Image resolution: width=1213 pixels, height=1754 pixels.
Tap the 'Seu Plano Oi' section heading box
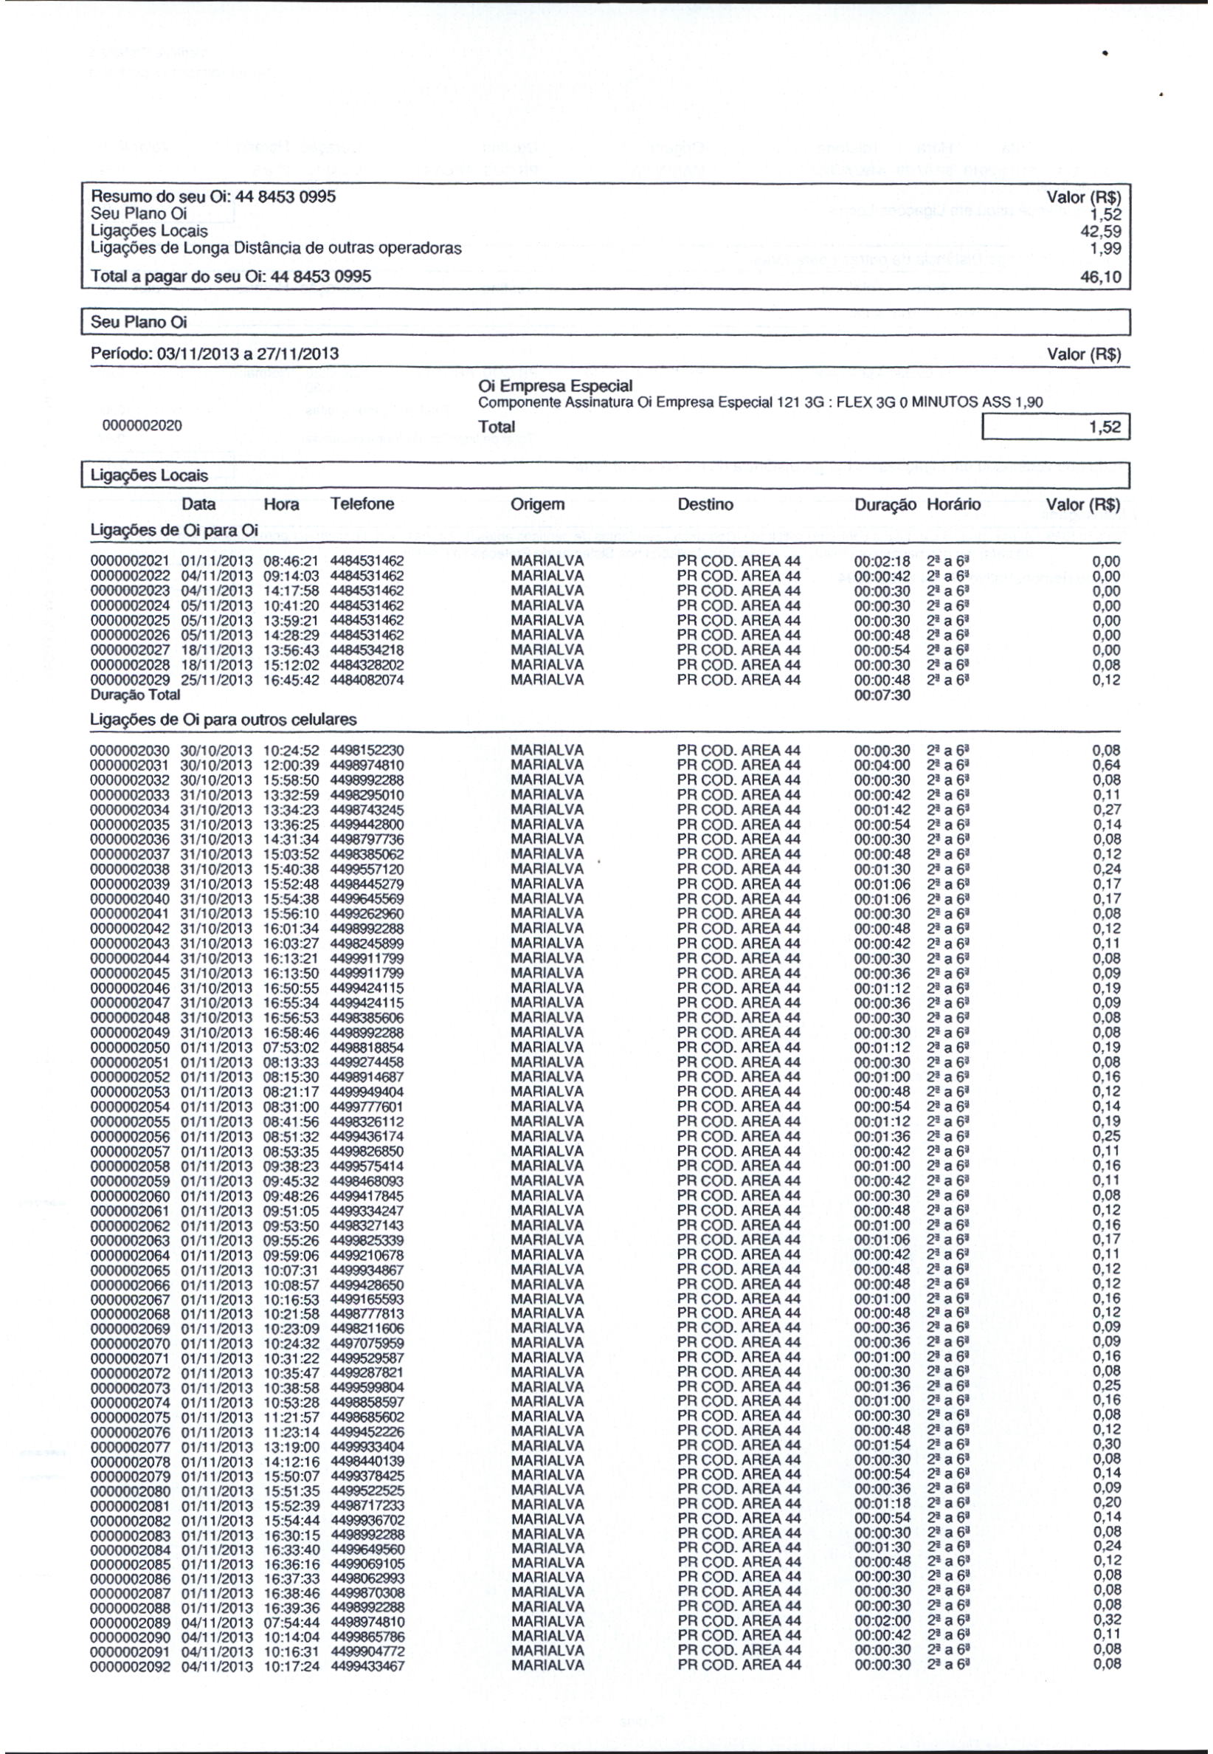606,323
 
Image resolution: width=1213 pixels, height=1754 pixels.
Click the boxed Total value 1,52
1056,427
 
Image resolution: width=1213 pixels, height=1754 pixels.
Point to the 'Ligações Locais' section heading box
606,476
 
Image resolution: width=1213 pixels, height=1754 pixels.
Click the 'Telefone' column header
362,504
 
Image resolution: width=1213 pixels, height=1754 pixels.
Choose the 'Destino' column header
705,505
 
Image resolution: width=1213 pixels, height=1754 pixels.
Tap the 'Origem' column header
537,505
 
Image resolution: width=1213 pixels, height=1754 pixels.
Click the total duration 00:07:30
882,695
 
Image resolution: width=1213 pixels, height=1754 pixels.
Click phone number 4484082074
367,681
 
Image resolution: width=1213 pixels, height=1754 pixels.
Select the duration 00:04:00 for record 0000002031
882,765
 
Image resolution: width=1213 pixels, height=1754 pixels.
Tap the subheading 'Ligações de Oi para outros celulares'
224,719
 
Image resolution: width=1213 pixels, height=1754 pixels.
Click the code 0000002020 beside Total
142,427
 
